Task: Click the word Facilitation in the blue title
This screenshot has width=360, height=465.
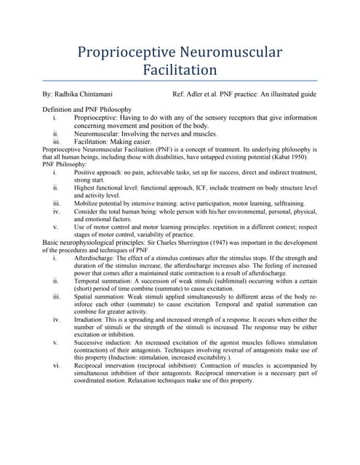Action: pyautogui.click(x=180, y=70)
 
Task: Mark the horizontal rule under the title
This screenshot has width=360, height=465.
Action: pyautogui.click(x=180, y=81)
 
